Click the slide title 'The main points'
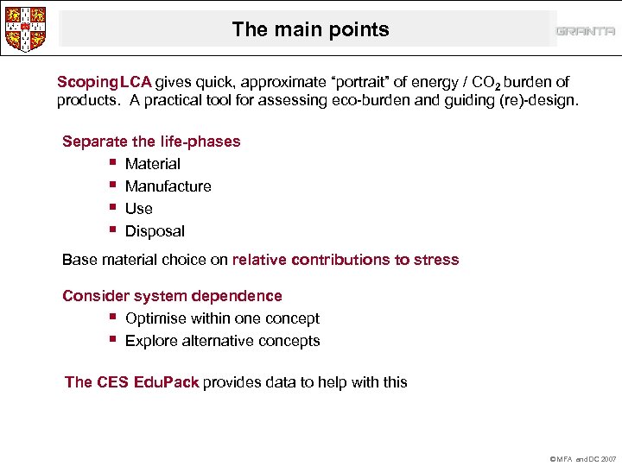310,29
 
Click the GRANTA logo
585,32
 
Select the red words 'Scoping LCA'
104,83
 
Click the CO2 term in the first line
484,84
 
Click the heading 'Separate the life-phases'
151,142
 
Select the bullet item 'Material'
153,164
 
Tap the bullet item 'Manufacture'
168,186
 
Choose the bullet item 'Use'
138,209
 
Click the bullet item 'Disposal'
155,231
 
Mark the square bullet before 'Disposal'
113,230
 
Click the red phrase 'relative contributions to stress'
346,260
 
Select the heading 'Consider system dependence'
172,297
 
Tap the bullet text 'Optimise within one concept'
222,319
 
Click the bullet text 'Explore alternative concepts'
222,341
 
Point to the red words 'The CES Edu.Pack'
132,382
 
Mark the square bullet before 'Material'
113,163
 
